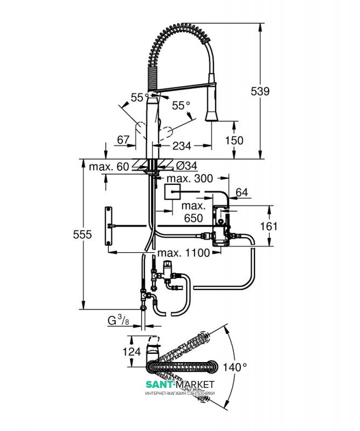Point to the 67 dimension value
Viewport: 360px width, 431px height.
(123, 140)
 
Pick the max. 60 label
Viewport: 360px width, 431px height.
(108, 166)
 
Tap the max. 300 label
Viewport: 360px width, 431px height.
(190, 178)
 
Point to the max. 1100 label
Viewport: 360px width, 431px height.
(183, 253)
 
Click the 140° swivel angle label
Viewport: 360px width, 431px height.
(236, 366)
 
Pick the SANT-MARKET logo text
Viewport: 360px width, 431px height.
(180, 384)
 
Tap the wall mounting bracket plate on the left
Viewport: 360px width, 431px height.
(109, 226)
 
